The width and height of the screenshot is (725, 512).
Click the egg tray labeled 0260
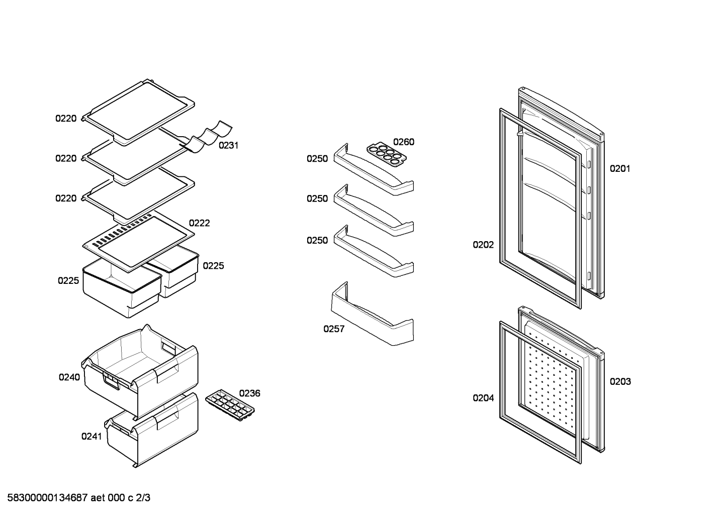[387, 154]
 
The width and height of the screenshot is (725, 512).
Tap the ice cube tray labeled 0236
[230, 405]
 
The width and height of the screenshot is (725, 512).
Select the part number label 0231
[228, 146]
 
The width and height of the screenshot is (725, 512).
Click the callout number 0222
[200, 223]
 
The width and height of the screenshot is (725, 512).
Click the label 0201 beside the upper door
[620, 168]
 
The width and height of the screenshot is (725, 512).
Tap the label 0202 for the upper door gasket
[483, 245]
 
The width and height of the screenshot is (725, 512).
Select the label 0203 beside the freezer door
[620, 382]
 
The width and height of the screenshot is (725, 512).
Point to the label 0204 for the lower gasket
[483, 398]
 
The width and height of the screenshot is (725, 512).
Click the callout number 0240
[69, 377]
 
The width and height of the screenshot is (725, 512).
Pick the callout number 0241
[92, 437]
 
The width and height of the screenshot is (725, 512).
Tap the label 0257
[334, 329]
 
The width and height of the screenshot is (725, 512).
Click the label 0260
[404, 142]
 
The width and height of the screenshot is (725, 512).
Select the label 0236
[249, 393]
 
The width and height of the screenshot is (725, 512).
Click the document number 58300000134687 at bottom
[47, 498]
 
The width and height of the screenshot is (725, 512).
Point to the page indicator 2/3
[143, 498]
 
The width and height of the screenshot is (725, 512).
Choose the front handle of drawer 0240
[112, 380]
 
